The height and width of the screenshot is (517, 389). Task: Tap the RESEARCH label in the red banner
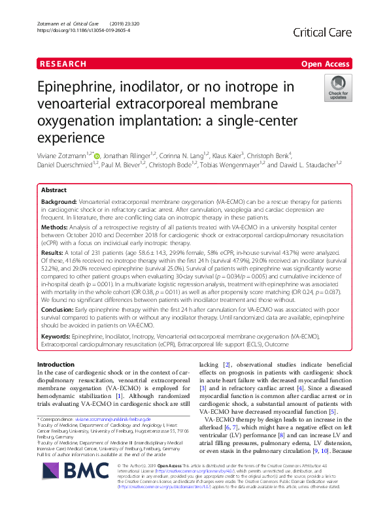pyautogui.click(x=63, y=64)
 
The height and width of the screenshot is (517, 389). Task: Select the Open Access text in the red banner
pyautogui.click(x=326, y=64)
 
